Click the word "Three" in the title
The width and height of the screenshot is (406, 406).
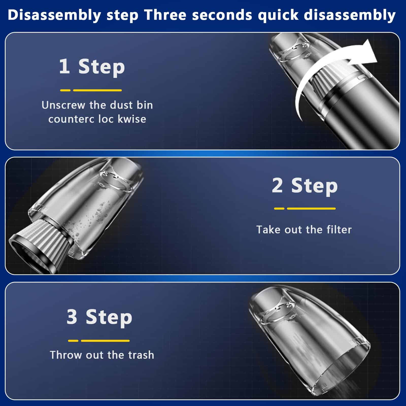(x=166, y=15)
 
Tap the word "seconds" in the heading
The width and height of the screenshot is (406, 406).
(x=222, y=15)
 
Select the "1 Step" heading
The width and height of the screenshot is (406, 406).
(x=92, y=67)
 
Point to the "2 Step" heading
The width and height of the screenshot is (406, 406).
(x=305, y=186)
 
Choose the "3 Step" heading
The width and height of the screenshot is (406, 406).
(x=99, y=317)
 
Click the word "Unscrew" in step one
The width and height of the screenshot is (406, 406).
(x=63, y=105)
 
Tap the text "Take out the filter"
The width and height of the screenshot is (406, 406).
(x=304, y=230)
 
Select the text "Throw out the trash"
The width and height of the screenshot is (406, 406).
(x=102, y=355)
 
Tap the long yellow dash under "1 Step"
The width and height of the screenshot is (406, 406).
(x=97, y=90)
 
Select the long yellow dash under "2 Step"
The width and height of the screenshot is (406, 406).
(x=311, y=209)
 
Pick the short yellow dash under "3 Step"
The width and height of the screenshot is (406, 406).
(x=73, y=341)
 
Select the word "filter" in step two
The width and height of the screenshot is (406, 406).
(x=339, y=230)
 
